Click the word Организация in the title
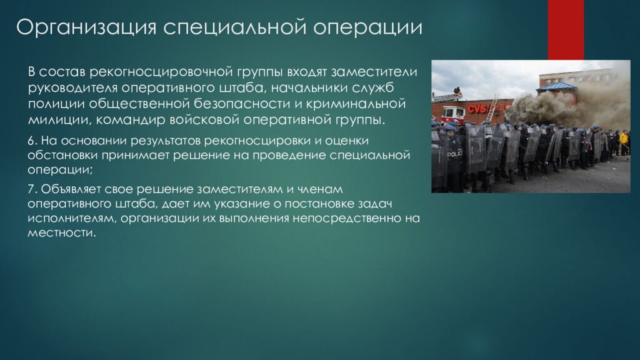coord(86,27)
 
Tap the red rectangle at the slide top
coord(566,30)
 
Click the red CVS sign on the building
coord(477,108)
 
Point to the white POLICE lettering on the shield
coord(454,155)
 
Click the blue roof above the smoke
coord(556,86)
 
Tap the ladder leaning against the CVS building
coord(492,106)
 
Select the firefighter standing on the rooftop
coord(457,92)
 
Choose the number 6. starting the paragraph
coord(32,141)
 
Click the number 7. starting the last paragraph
coord(32,189)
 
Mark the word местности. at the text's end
coord(62,233)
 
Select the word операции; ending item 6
coord(61,170)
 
